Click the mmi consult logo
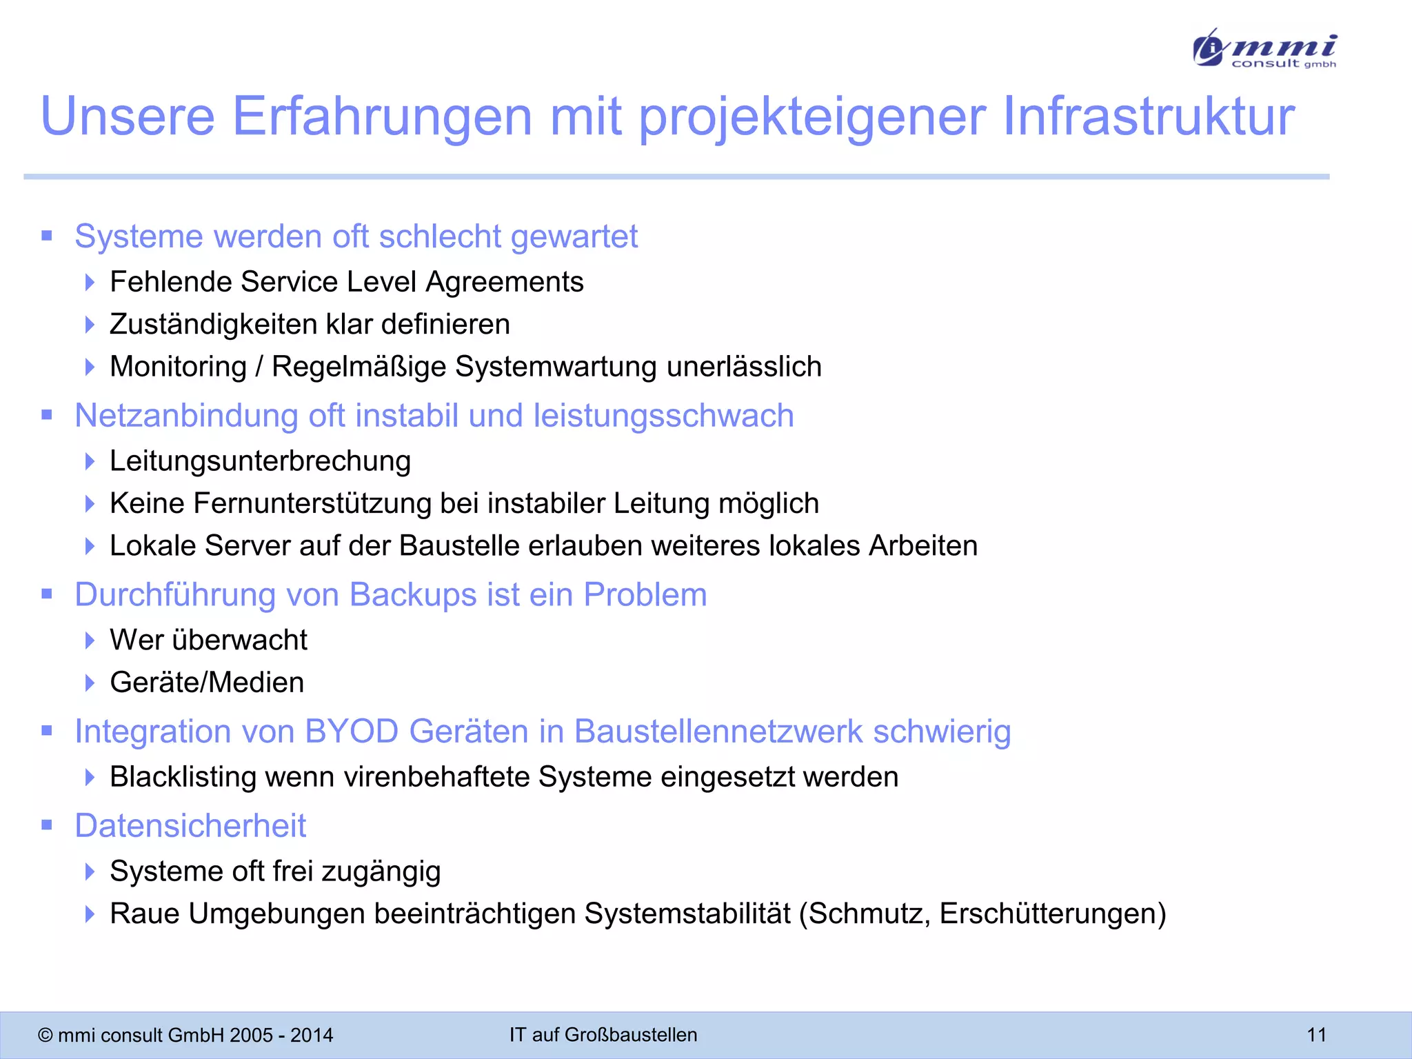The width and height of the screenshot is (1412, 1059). point(1264,48)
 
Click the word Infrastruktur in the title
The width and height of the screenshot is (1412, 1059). point(1148,116)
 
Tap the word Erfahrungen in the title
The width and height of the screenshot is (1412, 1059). point(382,116)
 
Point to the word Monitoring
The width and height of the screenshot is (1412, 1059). point(178,367)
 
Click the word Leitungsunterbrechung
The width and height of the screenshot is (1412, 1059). point(260,461)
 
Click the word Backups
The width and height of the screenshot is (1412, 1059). point(413,595)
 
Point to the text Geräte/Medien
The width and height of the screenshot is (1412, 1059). point(207,683)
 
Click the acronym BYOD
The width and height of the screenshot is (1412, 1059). point(352,732)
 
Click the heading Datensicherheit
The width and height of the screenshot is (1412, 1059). point(190,826)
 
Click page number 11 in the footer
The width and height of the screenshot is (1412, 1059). point(1316,1035)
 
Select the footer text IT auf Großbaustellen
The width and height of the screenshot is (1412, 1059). point(603,1035)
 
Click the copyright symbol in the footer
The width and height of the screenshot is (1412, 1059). point(46,1036)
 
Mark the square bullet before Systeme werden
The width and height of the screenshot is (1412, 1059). point(47,236)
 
